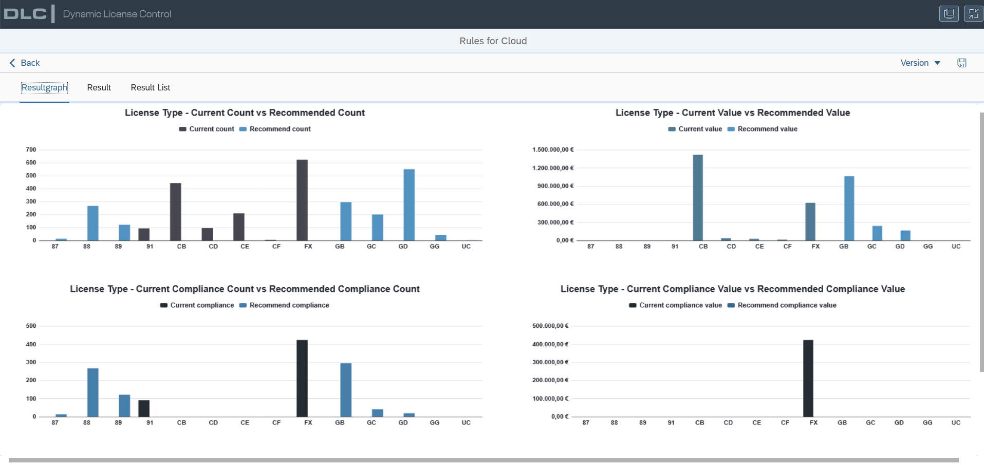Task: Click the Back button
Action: (25, 63)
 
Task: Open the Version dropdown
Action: (920, 63)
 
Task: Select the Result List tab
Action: (150, 87)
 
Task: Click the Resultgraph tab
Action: (44, 87)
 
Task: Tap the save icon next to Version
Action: (962, 63)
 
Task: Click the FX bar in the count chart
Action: (302, 200)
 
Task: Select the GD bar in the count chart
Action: (409, 204)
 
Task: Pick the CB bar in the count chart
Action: (176, 212)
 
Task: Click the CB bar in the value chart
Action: (698, 197)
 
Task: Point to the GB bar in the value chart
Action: (849, 208)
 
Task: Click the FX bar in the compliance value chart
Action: (808, 378)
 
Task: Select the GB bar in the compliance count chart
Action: (346, 390)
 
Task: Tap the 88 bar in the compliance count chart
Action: (93, 393)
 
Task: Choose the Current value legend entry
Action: (695, 129)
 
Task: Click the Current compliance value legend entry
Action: (675, 305)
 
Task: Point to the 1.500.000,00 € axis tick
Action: (553, 150)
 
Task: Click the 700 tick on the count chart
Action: (31, 150)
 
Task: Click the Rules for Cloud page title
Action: (493, 41)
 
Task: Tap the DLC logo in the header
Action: (25, 14)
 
